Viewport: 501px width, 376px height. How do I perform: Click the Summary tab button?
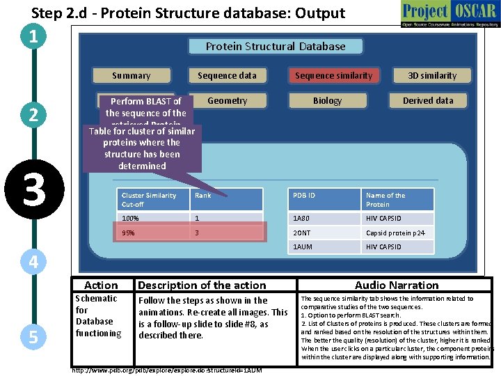click(131, 75)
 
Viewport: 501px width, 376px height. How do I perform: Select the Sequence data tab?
click(227, 75)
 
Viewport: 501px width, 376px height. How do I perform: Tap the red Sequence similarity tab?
click(334, 75)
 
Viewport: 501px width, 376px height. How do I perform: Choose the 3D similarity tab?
click(432, 75)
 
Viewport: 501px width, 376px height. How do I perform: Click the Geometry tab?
click(227, 100)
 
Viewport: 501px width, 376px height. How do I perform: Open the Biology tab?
click(327, 100)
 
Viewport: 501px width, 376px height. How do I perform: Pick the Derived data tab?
click(428, 100)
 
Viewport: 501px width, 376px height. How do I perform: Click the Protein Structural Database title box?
click(276, 47)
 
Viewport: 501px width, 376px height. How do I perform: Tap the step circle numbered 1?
click(33, 36)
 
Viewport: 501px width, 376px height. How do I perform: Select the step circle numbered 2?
click(33, 115)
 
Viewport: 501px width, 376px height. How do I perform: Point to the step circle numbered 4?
click(33, 262)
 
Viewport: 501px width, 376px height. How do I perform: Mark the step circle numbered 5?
click(33, 336)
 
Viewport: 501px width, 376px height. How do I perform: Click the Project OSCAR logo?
click(449, 14)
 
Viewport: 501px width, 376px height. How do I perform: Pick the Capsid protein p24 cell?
click(397, 233)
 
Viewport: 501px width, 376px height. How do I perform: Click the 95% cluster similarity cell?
click(152, 233)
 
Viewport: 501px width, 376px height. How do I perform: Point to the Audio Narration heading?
click(397, 285)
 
